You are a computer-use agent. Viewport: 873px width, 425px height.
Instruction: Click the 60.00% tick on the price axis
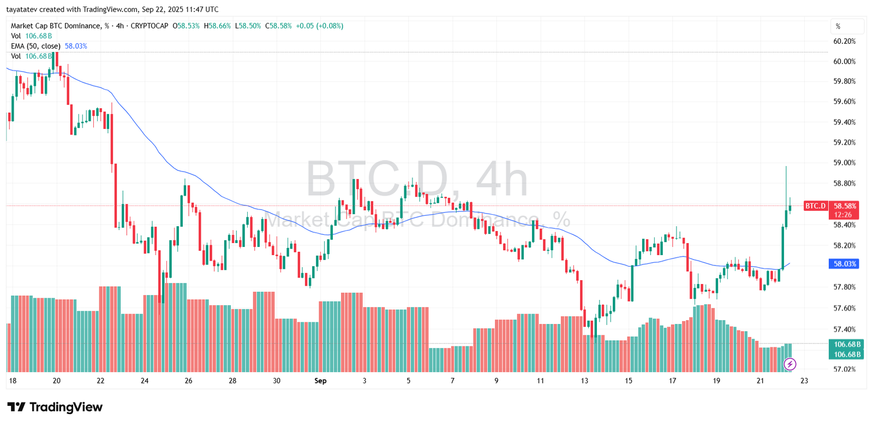pyautogui.click(x=844, y=61)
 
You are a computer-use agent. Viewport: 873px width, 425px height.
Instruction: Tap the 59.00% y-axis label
pyautogui.click(x=844, y=163)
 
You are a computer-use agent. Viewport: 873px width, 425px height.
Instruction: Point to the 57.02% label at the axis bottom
pyautogui.click(x=844, y=369)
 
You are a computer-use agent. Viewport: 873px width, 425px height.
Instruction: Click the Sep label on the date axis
pyautogui.click(x=320, y=381)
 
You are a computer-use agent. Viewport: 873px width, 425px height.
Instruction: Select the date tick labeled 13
pyautogui.click(x=584, y=381)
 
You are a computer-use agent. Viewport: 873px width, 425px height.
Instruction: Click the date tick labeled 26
pyautogui.click(x=188, y=381)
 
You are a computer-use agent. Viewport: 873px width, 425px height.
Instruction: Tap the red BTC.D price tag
pyautogui.click(x=816, y=206)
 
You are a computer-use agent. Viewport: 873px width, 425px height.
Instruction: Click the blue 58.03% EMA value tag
pyautogui.click(x=844, y=264)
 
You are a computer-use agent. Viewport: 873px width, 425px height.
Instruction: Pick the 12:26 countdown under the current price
pyautogui.click(x=843, y=215)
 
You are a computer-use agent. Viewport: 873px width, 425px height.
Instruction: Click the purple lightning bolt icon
pyautogui.click(x=790, y=364)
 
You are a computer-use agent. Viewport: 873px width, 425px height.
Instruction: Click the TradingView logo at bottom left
pyautogui.click(x=55, y=407)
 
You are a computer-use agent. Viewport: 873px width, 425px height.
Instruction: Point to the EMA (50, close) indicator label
pyautogui.click(x=35, y=46)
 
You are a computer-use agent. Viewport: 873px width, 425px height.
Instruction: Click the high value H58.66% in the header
pyautogui.click(x=217, y=26)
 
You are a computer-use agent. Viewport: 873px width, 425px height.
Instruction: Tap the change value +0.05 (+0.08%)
pyautogui.click(x=319, y=26)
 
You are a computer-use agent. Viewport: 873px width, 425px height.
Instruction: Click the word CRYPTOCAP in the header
pyautogui.click(x=150, y=26)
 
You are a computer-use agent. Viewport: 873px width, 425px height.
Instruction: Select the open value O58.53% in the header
pyautogui.click(x=186, y=26)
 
